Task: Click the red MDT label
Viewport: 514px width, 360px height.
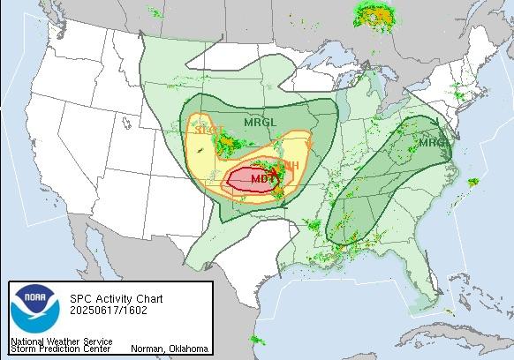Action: (x=262, y=179)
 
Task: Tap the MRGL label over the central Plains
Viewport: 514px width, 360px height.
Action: (x=261, y=122)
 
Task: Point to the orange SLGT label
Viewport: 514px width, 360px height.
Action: (x=208, y=131)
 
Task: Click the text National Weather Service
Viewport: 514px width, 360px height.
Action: (x=61, y=341)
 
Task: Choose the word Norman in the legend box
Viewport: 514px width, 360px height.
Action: (x=147, y=348)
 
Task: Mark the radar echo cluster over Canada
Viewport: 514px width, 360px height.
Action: (x=374, y=14)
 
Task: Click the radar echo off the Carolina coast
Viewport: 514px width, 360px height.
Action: (x=473, y=184)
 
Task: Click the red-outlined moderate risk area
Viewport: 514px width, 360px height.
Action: (x=247, y=180)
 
